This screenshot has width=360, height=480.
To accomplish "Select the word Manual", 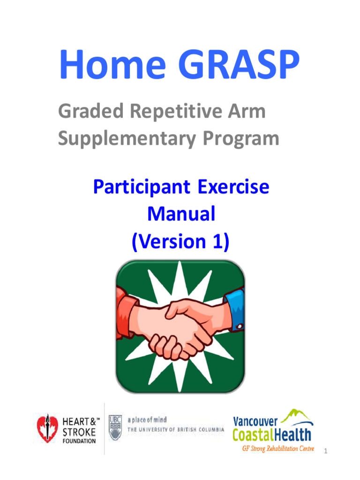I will pyautogui.click(x=181, y=214).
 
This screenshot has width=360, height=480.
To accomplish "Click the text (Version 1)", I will pyautogui.click(x=181, y=241).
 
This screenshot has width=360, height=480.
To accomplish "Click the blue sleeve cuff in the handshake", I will pyautogui.click(x=235, y=309).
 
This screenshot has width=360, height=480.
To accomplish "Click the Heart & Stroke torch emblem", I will pyautogui.click(x=47, y=428).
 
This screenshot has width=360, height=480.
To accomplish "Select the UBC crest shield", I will pyautogui.click(x=115, y=427).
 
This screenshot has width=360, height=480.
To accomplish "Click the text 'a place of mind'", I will pyautogui.click(x=147, y=420).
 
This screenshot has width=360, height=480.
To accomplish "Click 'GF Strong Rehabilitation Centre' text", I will pyautogui.click(x=277, y=449).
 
